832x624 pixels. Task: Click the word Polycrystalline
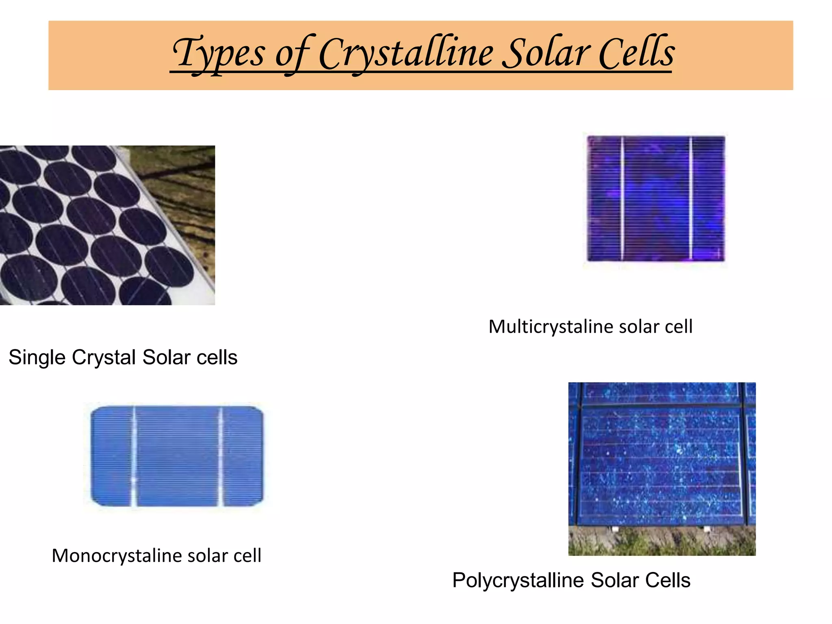coord(518,580)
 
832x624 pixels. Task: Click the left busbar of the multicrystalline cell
coord(622,199)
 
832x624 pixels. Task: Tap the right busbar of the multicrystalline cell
coord(691,199)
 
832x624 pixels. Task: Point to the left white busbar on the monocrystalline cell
coord(134,456)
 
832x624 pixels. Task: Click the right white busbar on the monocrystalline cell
coord(221,456)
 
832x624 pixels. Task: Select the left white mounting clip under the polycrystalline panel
coord(615,529)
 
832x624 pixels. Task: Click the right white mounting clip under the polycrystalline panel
coord(707,529)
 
